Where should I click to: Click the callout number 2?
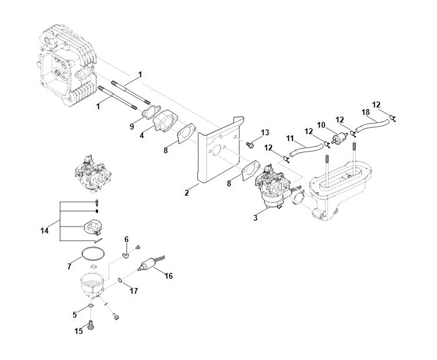[x=187, y=192]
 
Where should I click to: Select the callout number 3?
[x=255, y=218]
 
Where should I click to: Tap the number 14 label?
[x=44, y=231]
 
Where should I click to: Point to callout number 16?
[x=169, y=276]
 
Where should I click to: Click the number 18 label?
[x=366, y=112]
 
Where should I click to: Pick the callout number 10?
[x=321, y=125]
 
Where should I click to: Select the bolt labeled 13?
[x=250, y=145]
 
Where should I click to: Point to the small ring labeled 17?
[x=120, y=280]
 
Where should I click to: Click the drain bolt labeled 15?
[x=91, y=325]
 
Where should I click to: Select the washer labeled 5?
[x=91, y=307]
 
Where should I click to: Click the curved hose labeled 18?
[x=372, y=125]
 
